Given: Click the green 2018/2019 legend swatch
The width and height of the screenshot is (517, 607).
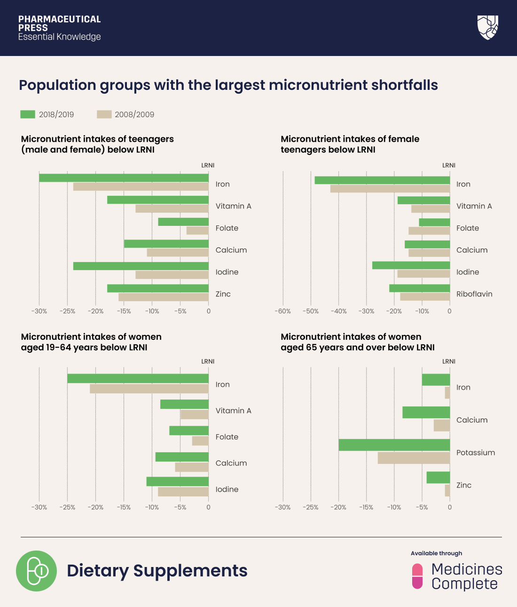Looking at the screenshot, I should [28, 114].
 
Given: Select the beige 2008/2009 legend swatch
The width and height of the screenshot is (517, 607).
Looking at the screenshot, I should [104, 114].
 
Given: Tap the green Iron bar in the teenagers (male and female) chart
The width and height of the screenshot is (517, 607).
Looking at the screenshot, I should [124, 178].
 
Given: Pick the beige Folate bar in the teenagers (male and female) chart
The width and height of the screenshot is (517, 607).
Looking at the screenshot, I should [197, 231].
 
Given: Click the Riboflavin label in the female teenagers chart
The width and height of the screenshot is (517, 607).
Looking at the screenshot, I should [474, 294].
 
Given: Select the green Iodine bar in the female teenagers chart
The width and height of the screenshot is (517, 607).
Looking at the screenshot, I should [411, 265].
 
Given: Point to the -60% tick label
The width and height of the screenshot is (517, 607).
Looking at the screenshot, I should [283, 311].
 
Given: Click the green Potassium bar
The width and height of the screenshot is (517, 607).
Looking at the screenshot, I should [394, 445].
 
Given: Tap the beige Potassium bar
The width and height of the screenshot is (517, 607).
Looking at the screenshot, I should [414, 458].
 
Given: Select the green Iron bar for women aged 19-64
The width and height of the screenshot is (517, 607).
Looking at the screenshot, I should [138, 378].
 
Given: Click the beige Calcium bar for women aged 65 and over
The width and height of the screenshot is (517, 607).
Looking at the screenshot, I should [441, 425].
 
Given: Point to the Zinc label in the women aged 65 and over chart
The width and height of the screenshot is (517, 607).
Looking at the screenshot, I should [463, 485].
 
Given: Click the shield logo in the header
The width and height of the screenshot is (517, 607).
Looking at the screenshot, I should [487, 27].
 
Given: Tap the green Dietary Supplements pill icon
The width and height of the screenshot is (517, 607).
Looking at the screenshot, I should [36, 571].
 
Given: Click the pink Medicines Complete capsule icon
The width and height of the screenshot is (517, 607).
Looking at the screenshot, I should [417, 576].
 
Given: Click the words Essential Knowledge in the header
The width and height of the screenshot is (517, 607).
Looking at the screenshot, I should [60, 37].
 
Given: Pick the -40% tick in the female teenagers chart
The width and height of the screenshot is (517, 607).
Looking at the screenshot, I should [338, 311].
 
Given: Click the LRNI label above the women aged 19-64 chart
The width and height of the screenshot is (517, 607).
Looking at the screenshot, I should [208, 361].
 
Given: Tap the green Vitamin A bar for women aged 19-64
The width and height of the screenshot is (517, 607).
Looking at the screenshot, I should [184, 404].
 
